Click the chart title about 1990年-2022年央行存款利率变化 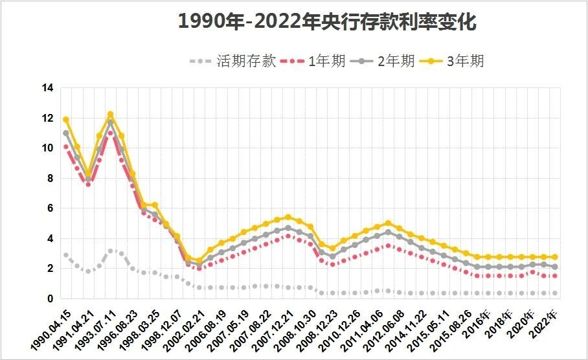[327, 22]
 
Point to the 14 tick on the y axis [47, 88]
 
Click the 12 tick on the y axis [47, 118]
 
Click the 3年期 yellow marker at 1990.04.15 [66, 120]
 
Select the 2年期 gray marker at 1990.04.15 [66, 133]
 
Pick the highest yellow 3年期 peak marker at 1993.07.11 [110, 115]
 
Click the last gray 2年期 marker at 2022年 [555, 267]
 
